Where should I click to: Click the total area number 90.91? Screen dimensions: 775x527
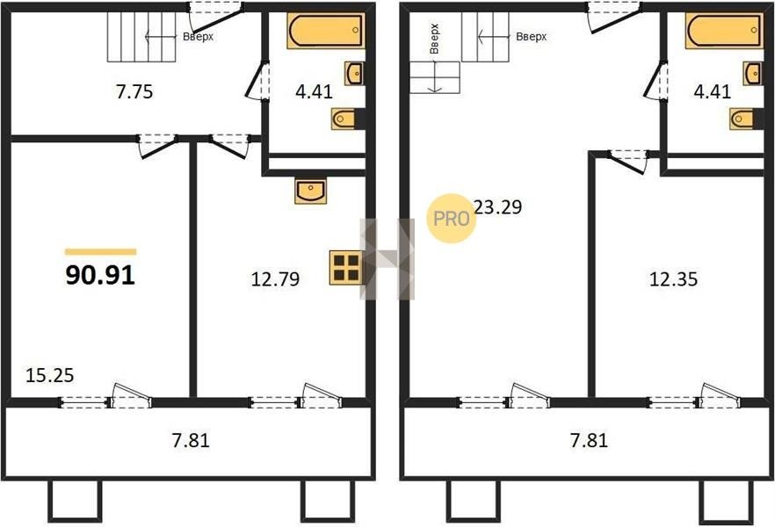(100, 275)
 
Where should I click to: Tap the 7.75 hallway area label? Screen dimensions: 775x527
(134, 92)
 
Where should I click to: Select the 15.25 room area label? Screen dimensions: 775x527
(49, 375)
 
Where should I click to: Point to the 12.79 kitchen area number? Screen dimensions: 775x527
(275, 279)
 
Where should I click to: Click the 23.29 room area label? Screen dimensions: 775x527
(497, 207)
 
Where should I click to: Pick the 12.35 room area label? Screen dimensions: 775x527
(673, 279)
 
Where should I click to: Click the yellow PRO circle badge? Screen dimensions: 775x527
(451, 219)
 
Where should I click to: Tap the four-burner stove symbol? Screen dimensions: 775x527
(346, 268)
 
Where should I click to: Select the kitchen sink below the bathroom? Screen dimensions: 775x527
(310, 191)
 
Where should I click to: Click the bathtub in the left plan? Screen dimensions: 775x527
(326, 31)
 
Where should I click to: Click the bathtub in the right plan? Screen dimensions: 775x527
(724, 31)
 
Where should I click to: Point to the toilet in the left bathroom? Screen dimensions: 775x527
(344, 119)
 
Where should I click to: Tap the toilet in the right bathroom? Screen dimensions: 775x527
(742, 119)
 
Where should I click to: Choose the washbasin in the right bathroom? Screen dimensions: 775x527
(752, 74)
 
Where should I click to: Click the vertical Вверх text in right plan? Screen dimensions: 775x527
(434, 39)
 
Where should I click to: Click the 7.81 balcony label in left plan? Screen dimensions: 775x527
(191, 440)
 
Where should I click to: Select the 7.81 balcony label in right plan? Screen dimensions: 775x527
(589, 440)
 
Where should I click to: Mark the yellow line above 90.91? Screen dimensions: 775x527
(100, 252)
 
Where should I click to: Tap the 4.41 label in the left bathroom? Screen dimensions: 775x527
(314, 92)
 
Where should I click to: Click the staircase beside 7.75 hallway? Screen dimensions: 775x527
(141, 37)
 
